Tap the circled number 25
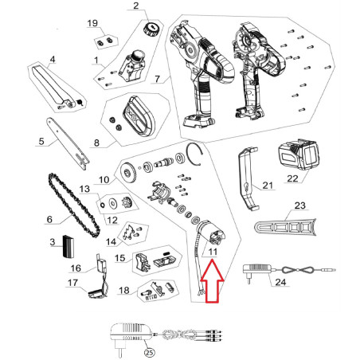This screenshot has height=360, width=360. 150,352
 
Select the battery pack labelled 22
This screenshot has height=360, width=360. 298,154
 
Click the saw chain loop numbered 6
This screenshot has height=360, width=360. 75,205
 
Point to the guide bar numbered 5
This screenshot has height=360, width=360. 68,143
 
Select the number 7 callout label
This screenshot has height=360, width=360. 157,79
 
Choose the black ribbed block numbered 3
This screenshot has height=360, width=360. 68,246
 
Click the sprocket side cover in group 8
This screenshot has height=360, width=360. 139,117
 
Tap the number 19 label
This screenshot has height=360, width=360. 92,23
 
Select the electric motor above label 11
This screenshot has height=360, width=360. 211,233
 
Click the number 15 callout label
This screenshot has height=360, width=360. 120,257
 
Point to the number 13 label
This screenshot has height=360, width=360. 84,189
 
